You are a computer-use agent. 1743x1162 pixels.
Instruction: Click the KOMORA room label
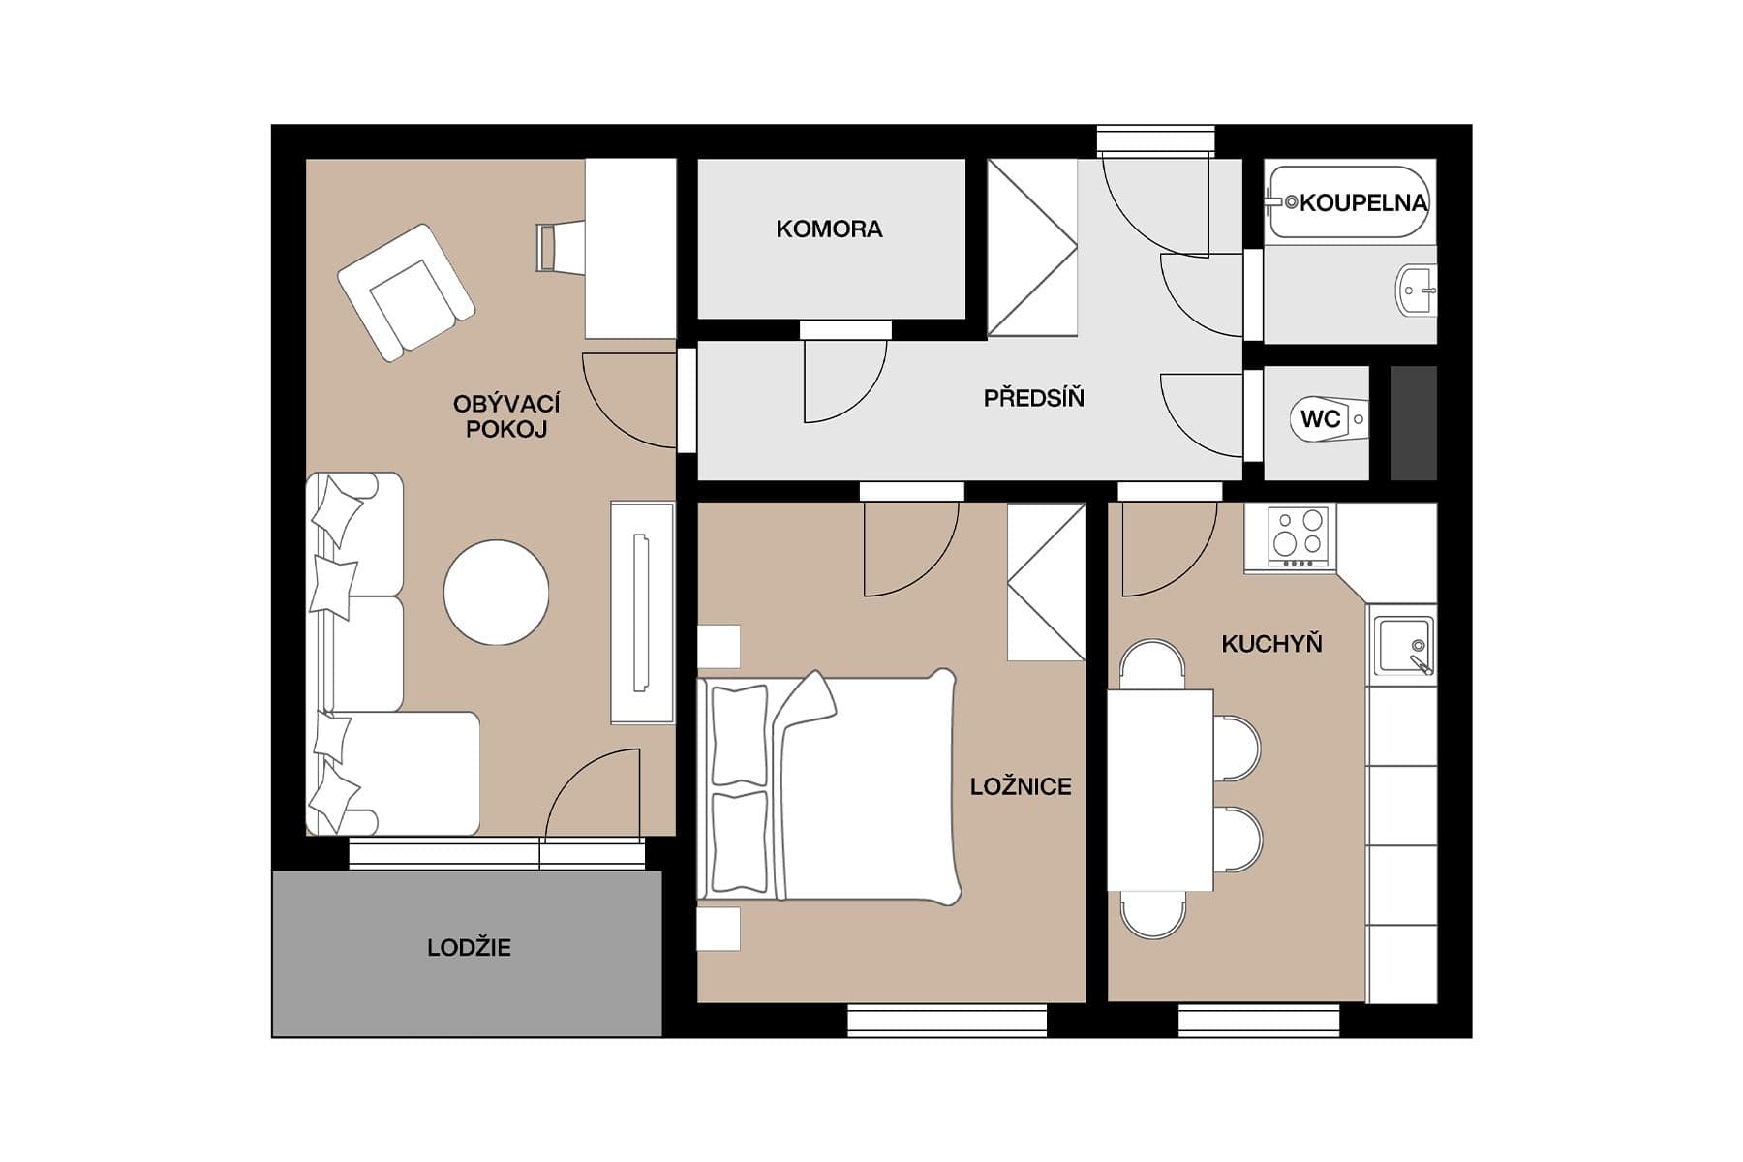tap(829, 229)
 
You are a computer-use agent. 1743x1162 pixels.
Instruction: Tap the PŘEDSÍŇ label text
tap(1033, 398)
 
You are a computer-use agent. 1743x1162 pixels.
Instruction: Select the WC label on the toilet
tap(1320, 419)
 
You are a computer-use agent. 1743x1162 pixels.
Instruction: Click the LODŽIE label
tap(469, 948)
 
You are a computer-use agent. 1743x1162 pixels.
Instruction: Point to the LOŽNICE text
tap(1021, 786)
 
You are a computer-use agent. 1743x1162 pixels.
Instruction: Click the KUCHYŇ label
tap(1271, 644)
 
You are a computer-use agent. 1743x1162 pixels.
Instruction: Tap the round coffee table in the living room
tap(496, 593)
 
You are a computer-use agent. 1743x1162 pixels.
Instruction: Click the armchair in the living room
tap(406, 291)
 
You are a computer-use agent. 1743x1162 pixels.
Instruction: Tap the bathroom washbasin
tap(1417, 289)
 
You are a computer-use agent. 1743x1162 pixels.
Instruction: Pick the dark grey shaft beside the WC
tap(1413, 423)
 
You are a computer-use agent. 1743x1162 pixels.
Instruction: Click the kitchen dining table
tap(1160, 789)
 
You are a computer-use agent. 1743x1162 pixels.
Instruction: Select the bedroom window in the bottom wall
tap(946, 1021)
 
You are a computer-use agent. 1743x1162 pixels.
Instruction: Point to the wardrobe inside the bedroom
tap(1046, 582)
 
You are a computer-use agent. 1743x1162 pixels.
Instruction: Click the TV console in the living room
tap(641, 612)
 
